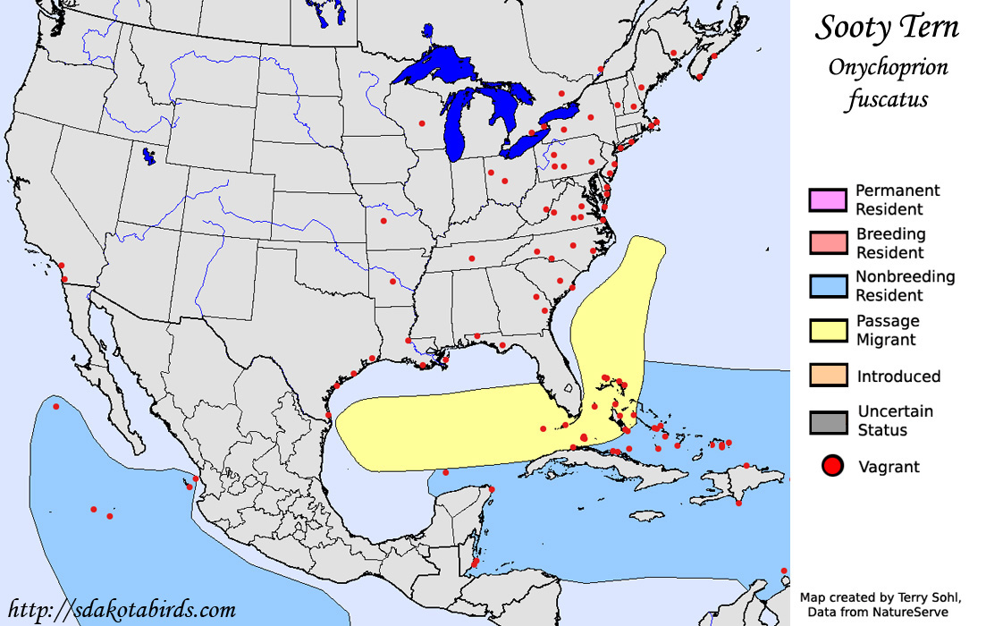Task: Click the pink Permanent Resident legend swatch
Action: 827,199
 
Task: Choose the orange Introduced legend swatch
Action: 827,376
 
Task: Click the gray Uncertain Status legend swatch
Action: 827,420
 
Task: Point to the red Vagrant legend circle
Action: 833,466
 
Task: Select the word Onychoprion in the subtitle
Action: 888,67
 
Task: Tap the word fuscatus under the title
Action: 888,98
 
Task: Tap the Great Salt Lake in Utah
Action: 148,156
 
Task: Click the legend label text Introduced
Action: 898,376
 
